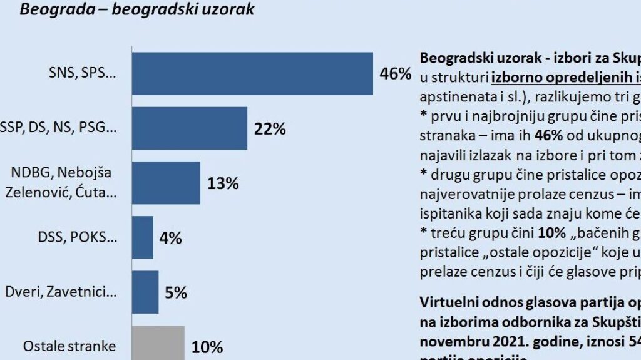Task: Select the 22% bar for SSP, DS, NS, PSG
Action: click(x=189, y=128)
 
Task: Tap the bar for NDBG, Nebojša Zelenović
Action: click(x=166, y=183)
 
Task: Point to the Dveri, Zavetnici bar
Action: click(x=145, y=292)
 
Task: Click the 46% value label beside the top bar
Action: click(x=396, y=73)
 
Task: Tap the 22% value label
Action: click(x=270, y=129)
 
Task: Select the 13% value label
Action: click(x=223, y=183)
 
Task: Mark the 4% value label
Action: click(x=170, y=238)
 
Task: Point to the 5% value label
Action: click(x=175, y=292)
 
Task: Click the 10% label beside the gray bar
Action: click(x=207, y=346)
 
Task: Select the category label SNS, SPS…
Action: click(x=83, y=74)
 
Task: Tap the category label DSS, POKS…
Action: click(x=78, y=238)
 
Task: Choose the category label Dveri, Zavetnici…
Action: click(x=60, y=292)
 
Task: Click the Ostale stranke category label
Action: click(x=69, y=346)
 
